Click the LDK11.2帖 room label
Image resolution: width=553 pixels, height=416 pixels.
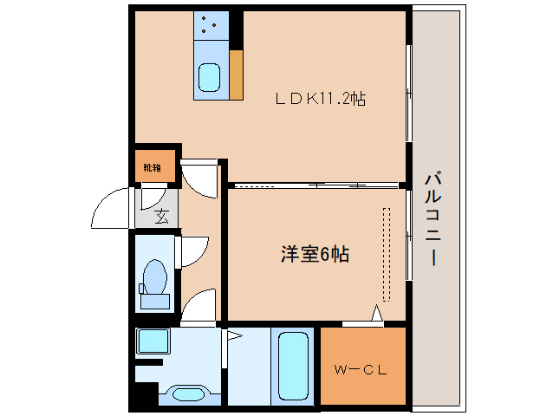click(320, 100)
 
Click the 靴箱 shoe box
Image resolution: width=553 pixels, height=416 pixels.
click(153, 166)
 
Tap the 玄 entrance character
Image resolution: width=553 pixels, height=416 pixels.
click(162, 217)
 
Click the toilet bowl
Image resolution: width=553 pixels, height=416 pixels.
click(155, 280)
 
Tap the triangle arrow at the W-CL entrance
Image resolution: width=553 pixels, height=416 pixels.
click(377, 314)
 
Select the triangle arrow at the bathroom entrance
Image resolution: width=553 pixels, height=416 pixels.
click(232, 333)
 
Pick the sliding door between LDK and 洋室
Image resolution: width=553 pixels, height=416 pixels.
click(316, 185)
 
